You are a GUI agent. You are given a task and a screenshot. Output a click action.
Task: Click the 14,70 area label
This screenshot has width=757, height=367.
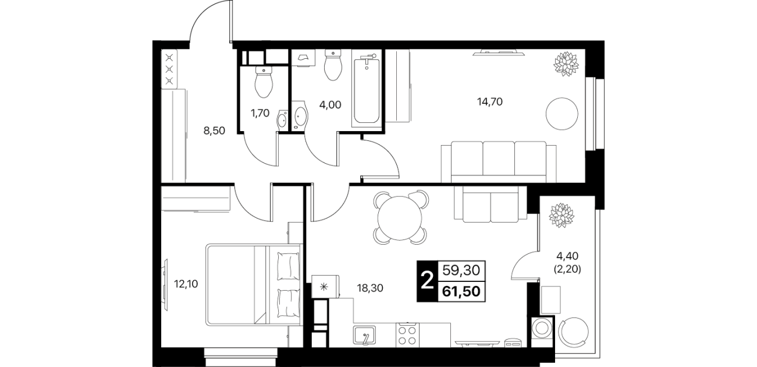click(490, 101)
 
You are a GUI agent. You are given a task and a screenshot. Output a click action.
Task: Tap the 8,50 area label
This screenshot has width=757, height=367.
click(214, 130)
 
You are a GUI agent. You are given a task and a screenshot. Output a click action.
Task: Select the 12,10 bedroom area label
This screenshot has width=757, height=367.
click(186, 284)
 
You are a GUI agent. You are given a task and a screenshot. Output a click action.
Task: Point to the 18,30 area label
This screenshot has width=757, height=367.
click(370, 288)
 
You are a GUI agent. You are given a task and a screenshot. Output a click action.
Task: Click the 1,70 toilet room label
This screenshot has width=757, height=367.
click(260, 113)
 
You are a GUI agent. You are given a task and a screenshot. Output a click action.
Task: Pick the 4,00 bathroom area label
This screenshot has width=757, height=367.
click(330, 105)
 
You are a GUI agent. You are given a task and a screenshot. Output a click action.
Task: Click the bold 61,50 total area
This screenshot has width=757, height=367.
click(461, 291)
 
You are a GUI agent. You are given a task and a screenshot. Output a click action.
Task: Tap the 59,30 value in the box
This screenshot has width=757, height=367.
click(461, 270)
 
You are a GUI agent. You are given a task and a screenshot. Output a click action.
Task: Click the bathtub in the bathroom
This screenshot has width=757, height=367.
click(367, 89)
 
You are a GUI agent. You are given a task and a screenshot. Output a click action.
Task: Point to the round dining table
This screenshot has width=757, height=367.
click(400, 218)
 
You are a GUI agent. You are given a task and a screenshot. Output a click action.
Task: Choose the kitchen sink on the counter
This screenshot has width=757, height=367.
click(365, 335)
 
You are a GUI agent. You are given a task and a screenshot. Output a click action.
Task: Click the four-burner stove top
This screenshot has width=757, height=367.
click(407, 334)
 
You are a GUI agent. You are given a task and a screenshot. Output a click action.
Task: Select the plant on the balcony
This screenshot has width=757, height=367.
click(562, 215)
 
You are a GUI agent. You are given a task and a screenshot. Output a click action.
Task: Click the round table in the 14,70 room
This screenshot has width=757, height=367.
click(562, 114)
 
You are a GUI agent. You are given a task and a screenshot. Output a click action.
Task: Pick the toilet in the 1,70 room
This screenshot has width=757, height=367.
click(264, 82)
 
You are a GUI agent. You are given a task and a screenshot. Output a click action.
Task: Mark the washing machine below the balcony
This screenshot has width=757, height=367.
click(542, 328)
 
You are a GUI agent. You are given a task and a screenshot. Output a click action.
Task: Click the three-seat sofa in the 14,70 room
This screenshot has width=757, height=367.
click(499, 163)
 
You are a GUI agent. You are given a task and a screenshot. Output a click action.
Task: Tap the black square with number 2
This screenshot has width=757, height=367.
click(427, 281)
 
